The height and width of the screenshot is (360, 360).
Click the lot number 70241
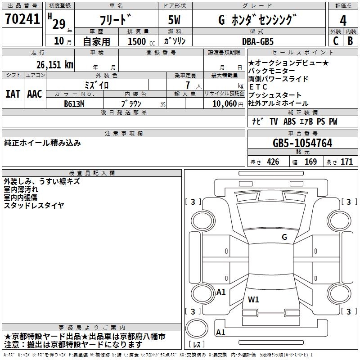22,18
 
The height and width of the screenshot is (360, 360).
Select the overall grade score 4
343,20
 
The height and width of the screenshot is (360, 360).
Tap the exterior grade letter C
336,41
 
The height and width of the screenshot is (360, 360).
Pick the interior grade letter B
351,41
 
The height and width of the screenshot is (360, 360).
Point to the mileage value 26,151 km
54,65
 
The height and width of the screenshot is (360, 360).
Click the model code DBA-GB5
258,41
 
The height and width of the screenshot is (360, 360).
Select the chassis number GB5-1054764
302,143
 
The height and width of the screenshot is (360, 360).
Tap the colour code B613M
74,104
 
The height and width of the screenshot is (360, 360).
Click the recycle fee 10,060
225,104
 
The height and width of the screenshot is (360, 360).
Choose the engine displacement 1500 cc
141,41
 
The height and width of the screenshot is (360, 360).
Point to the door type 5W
174,20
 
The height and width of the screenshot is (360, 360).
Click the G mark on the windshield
284,237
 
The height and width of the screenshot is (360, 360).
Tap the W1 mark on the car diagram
253,299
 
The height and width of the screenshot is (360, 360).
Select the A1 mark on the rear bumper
220,332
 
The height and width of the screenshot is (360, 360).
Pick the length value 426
273,162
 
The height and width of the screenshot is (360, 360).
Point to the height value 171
346,162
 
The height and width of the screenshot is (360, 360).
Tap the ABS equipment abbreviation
289,121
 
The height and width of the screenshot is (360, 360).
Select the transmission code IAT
13,94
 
